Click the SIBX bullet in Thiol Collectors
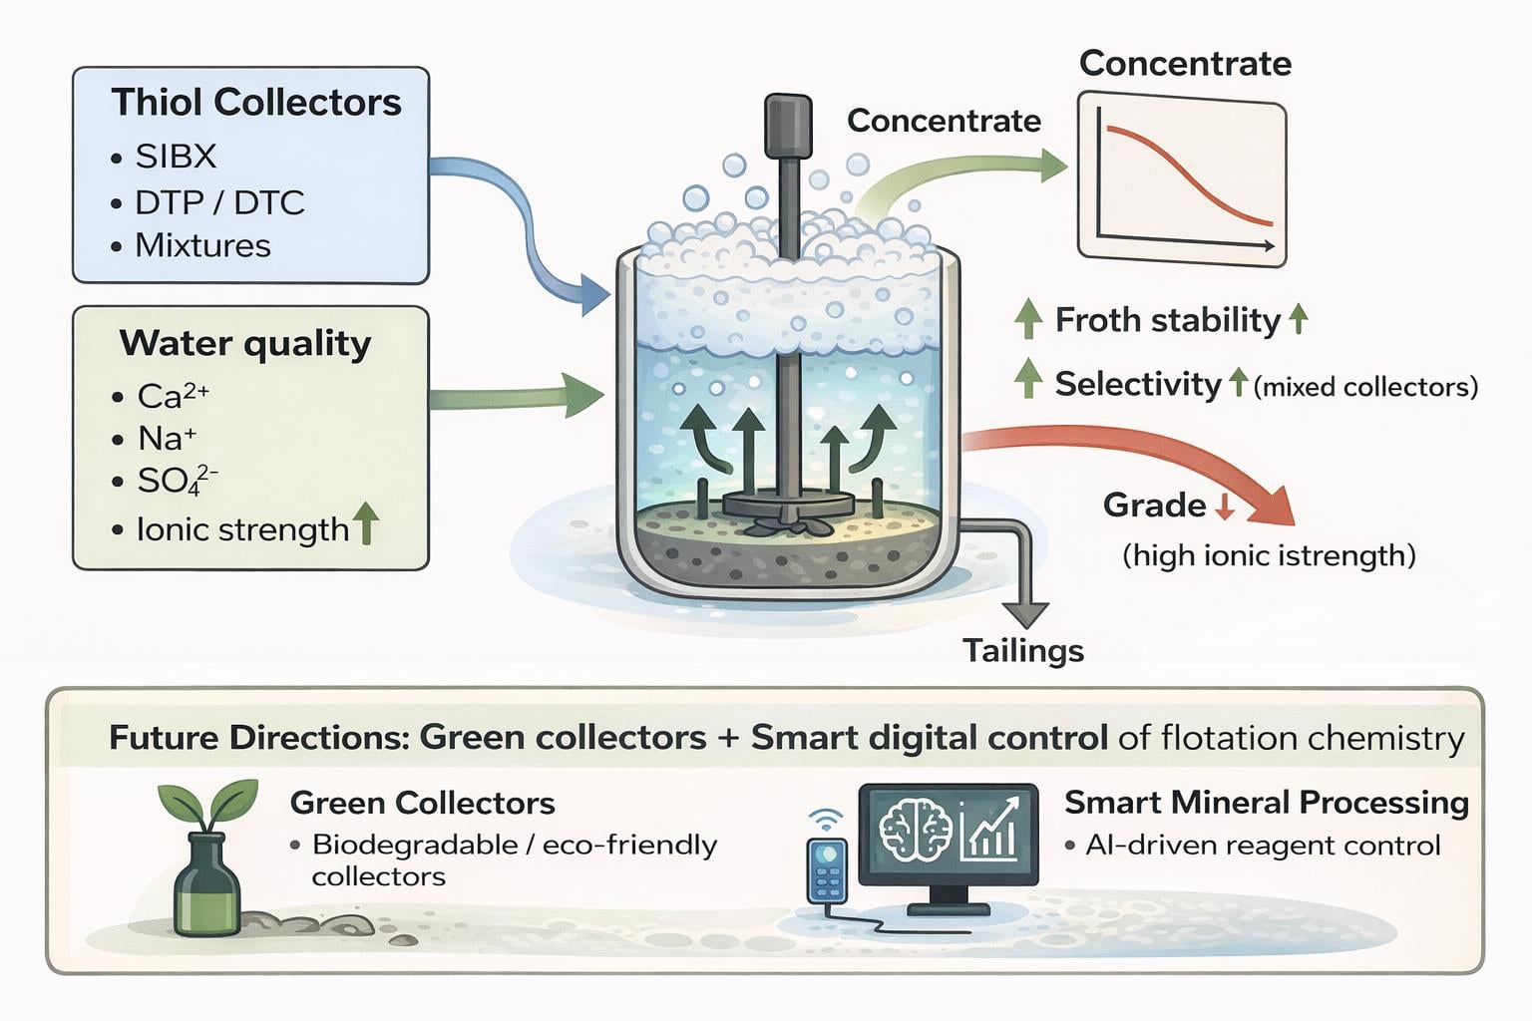tap(176, 157)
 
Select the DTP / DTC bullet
tap(219, 202)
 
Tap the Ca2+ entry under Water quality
tap(173, 396)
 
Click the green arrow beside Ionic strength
tap(366, 522)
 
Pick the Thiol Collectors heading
tap(256, 103)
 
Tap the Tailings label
tap(1023, 650)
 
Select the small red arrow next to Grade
tap(1225, 508)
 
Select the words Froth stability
tap(1167, 320)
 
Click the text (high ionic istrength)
tap(1269, 555)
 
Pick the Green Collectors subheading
tap(422, 803)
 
